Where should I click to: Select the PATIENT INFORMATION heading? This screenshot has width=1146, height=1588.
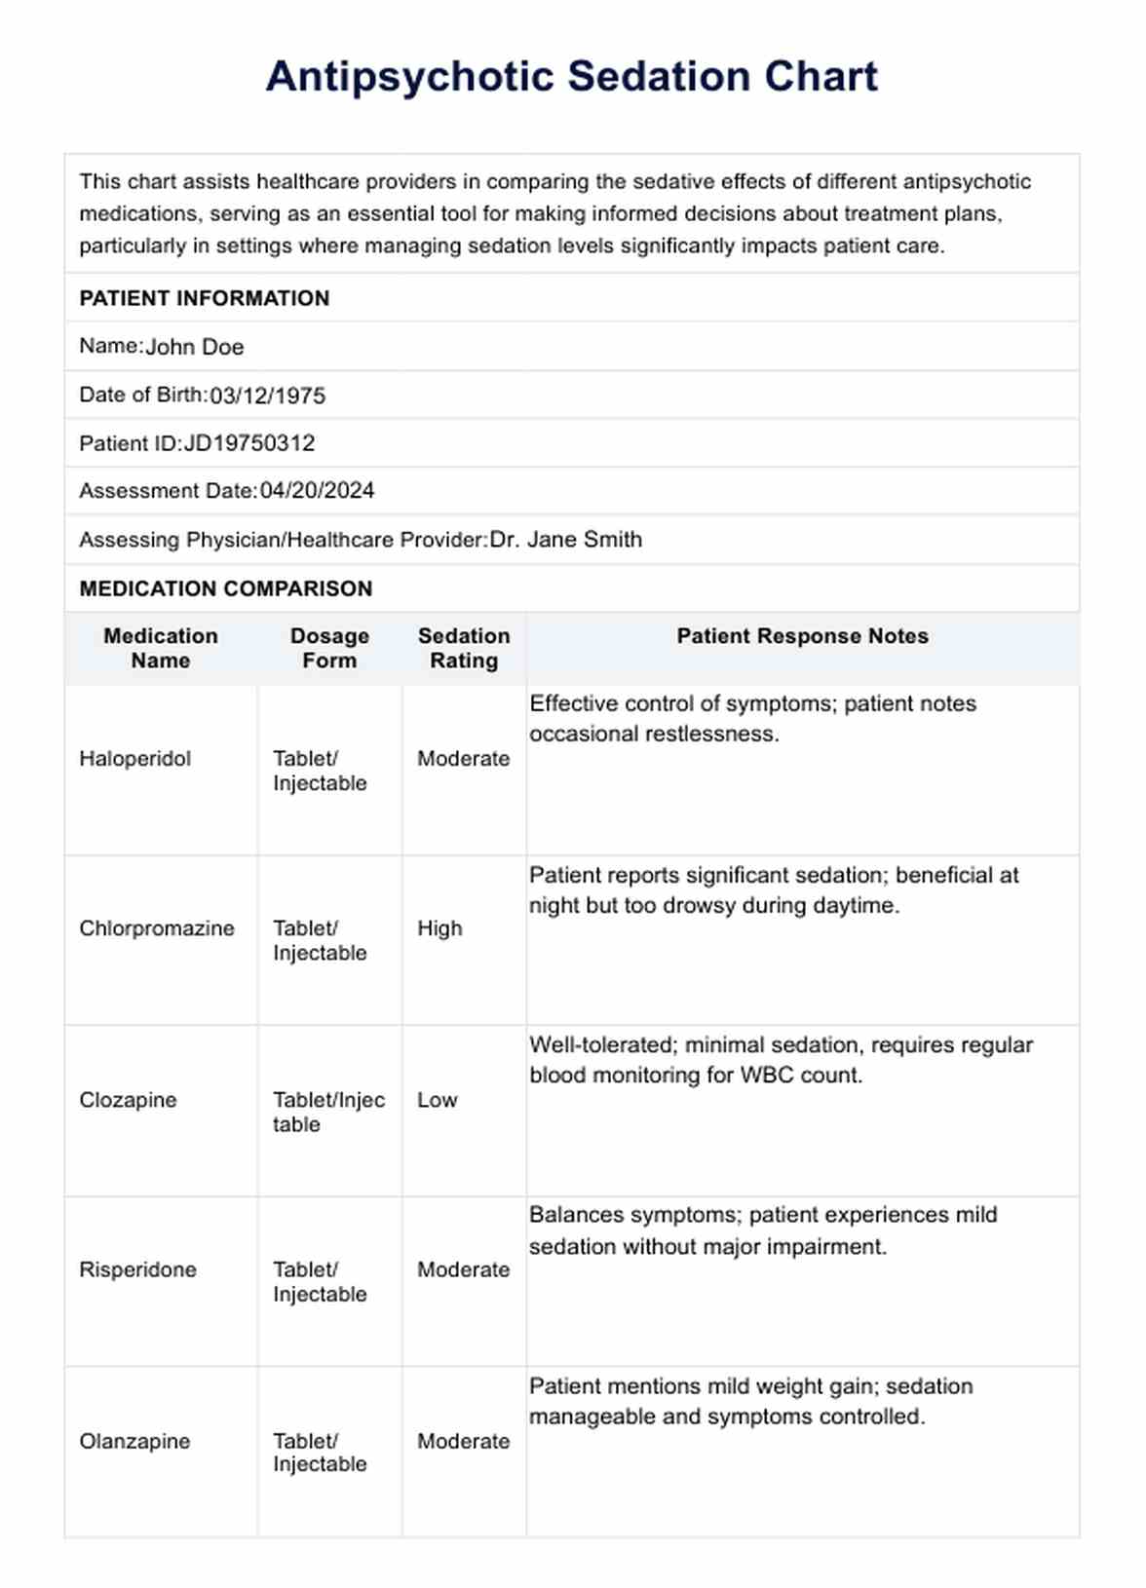[205, 298]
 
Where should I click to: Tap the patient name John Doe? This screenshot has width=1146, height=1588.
[195, 347]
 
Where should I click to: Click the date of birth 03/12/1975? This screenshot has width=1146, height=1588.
[268, 396]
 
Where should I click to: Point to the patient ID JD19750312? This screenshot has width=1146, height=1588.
[249, 443]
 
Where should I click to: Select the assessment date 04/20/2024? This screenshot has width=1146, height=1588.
[317, 491]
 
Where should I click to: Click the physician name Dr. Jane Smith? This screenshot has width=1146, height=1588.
[565, 540]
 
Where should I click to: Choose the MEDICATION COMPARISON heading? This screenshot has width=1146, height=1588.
[226, 588]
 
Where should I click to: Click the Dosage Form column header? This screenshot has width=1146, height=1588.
[329, 648]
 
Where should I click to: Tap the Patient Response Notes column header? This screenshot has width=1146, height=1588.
[802, 636]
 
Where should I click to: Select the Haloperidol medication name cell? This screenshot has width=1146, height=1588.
[135, 759]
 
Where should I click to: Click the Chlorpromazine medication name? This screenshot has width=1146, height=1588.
[157, 928]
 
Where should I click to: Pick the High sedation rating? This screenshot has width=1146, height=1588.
[439, 928]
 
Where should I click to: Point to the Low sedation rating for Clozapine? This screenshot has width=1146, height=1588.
[437, 1100]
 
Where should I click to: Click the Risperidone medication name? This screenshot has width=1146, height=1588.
[138, 1269]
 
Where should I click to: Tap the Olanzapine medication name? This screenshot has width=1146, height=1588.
[134, 1441]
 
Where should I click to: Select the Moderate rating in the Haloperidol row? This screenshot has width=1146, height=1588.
[463, 759]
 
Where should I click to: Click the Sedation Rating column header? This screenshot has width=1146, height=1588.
[464, 648]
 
